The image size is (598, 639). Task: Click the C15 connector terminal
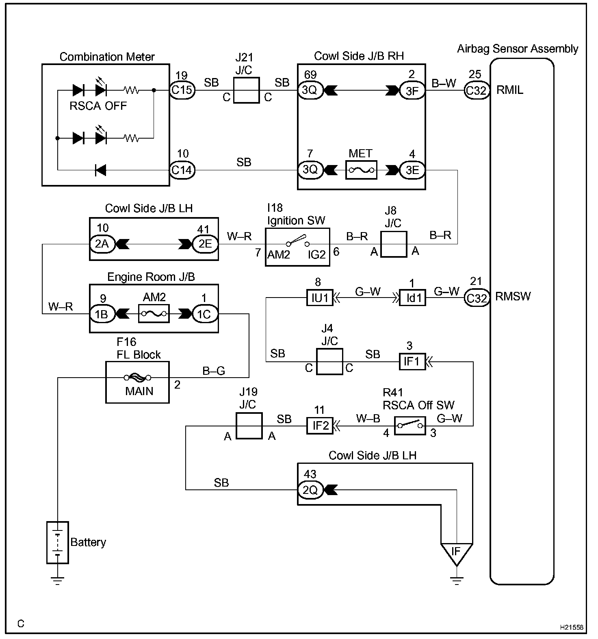click(x=182, y=90)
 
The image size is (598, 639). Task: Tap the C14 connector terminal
click(x=182, y=170)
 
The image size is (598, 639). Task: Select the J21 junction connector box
click(x=247, y=90)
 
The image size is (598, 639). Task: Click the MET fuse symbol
click(x=361, y=170)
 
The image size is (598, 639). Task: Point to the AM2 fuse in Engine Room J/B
click(x=154, y=314)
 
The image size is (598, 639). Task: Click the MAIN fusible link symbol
click(x=137, y=378)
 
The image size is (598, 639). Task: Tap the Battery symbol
click(x=58, y=542)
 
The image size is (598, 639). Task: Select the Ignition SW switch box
click(x=297, y=247)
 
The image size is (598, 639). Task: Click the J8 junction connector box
click(x=394, y=244)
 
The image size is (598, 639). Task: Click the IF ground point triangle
click(x=456, y=553)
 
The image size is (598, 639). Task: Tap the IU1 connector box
click(x=319, y=298)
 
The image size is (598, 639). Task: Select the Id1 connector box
click(x=413, y=298)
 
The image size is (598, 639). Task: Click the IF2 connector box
click(x=319, y=426)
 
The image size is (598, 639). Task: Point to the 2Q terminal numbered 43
click(x=310, y=490)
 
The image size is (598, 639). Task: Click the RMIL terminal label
click(x=510, y=90)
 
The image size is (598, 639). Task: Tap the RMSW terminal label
click(x=513, y=296)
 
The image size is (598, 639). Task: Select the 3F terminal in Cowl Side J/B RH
click(x=412, y=90)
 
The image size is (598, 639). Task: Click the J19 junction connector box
click(x=249, y=426)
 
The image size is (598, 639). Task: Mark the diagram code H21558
click(x=571, y=628)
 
